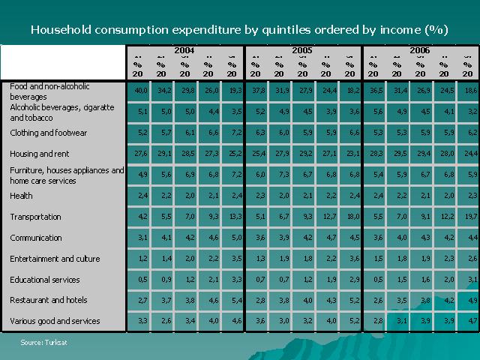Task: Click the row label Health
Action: point(21,196)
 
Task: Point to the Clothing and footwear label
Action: point(49,133)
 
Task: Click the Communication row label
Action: point(36,238)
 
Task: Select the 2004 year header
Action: point(184,50)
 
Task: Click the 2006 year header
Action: point(419,50)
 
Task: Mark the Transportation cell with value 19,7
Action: point(468,217)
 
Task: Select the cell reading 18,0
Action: point(350,217)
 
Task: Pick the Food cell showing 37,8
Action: point(256,90)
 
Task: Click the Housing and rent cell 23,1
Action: point(350,154)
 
